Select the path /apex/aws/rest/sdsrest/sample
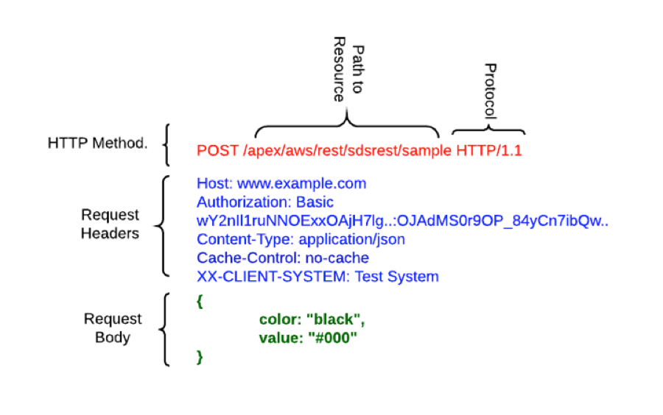coord(346,151)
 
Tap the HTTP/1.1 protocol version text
coord(489,151)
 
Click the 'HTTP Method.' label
coord(97,143)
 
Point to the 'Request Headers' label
coord(110,224)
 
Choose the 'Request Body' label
coord(112,328)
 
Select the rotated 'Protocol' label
coord(489,92)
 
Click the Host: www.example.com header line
coord(281,183)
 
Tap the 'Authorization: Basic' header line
coord(264,202)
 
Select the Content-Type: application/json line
coord(301,240)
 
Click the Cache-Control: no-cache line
coord(283,258)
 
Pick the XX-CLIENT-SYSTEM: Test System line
coord(318,277)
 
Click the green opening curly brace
coord(200,301)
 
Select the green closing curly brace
coord(200,357)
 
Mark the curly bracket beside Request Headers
coord(164,224)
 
